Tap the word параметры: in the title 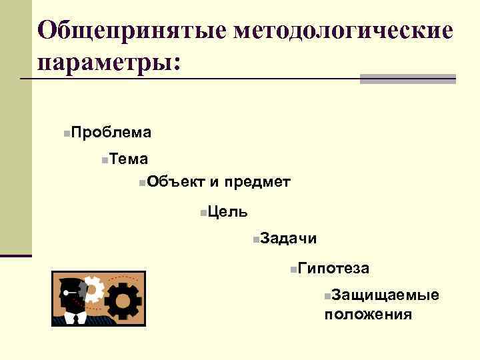tap(109, 63)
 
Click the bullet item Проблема tap(111, 132)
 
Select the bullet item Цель tap(228, 211)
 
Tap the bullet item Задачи tap(288, 238)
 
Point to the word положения tap(368, 313)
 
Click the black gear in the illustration tap(123, 301)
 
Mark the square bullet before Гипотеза tap(294, 269)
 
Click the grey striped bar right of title tap(408, 79)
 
